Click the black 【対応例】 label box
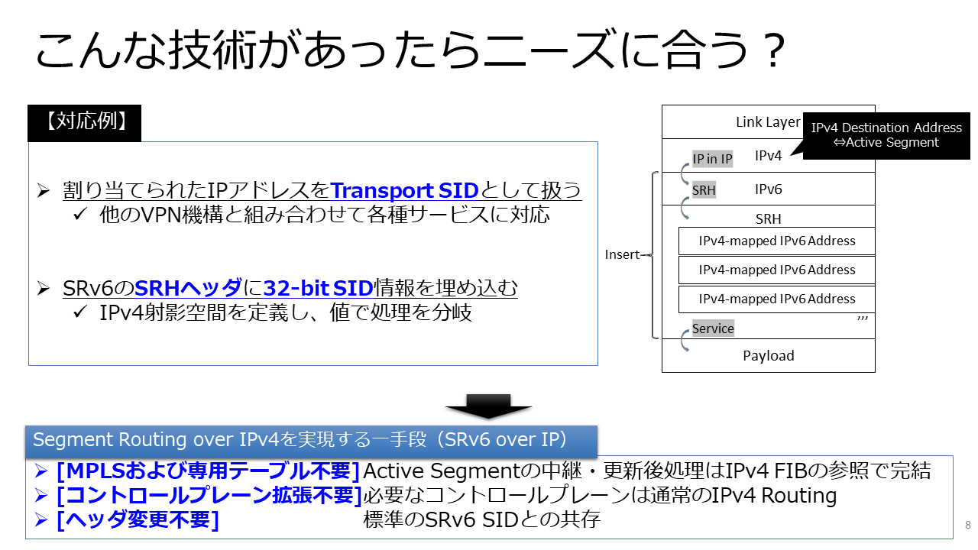click(x=84, y=123)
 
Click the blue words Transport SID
click(x=404, y=190)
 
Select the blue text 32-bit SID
click(x=319, y=288)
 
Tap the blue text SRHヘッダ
click(x=188, y=288)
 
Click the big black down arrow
click(x=488, y=406)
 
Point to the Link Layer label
click(x=768, y=122)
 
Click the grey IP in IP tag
click(x=713, y=159)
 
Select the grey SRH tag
click(x=704, y=190)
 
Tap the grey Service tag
click(x=713, y=328)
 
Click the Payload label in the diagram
click(x=769, y=356)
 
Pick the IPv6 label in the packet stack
click(x=769, y=189)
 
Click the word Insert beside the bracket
click(x=622, y=254)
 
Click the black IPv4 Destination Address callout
click(x=886, y=135)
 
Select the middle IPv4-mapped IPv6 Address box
click(x=777, y=270)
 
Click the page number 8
click(x=968, y=525)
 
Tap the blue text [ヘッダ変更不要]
click(x=138, y=520)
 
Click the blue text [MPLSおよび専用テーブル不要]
click(x=208, y=471)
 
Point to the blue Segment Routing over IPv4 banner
click(x=311, y=441)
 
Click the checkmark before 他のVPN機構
click(x=80, y=214)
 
